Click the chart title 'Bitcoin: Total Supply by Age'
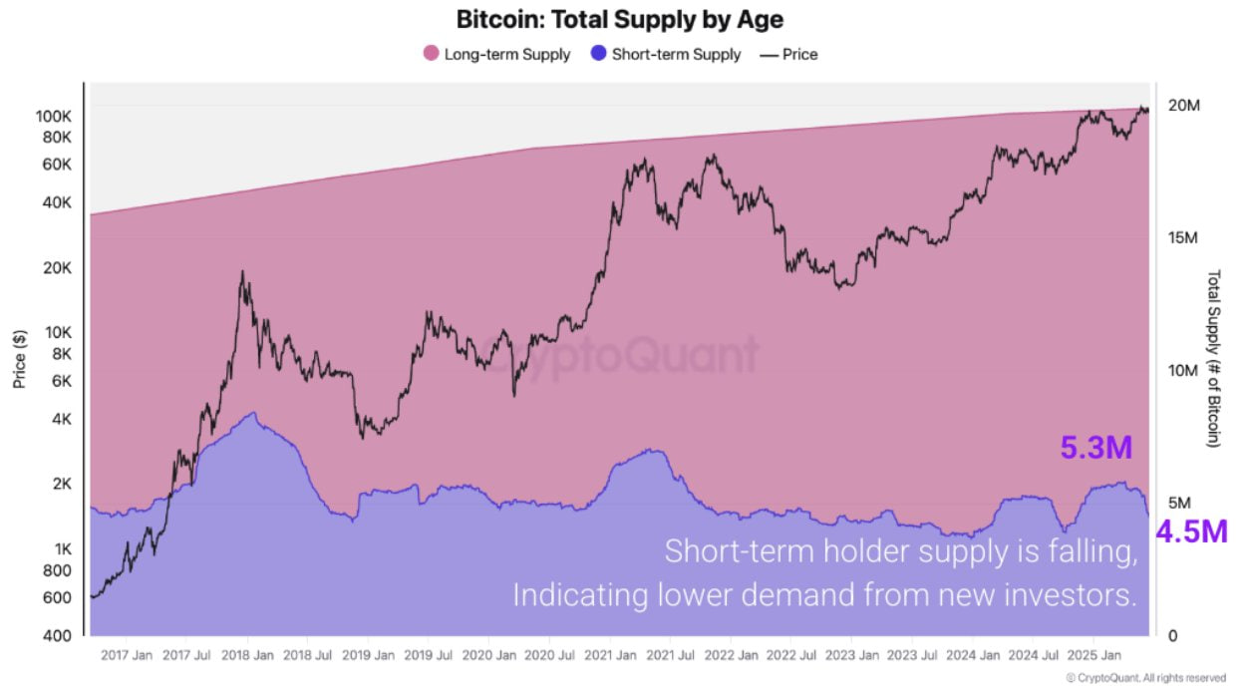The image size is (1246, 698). [x=619, y=19]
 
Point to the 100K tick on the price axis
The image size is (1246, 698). [x=53, y=116]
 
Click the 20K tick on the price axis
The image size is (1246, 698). [x=57, y=268]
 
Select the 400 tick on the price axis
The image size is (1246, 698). [x=59, y=635]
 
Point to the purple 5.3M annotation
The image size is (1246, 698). [x=1095, y=449]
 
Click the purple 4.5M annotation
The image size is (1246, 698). [x=1191, y=531]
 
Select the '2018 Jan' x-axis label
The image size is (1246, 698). [x=248, y=656]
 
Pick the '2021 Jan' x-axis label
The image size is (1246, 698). [x=610, y=656]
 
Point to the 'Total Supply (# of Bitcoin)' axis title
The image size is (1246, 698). [x=1213, y=358]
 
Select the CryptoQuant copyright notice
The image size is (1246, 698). [x=1145, y=678]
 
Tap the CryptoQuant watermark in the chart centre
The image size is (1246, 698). [x=620, y=355]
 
